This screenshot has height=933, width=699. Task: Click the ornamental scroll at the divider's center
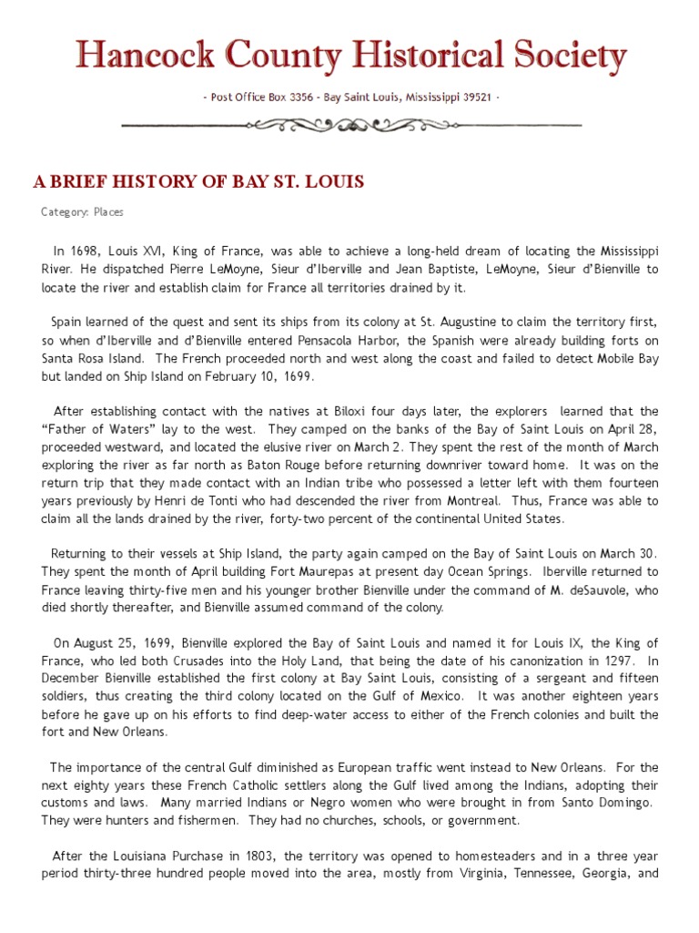click(x=350, y=124)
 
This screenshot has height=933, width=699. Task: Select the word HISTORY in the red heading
click(x=132, y=181)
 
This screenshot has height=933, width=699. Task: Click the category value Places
click(x=108, y=211)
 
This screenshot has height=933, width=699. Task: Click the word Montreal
click(x=469, y=501)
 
